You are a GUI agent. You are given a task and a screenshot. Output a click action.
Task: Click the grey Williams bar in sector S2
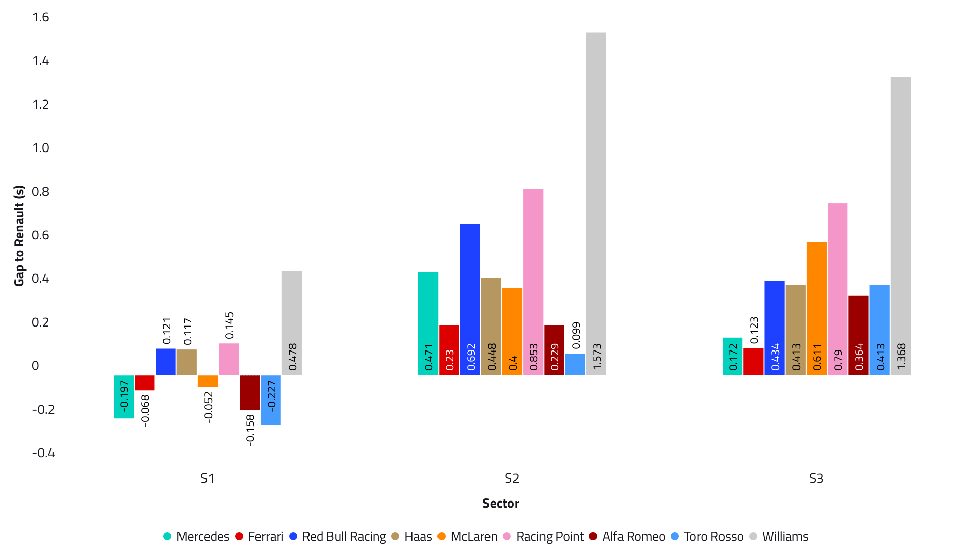596,204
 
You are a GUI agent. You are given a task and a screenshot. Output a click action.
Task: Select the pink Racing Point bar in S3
837,289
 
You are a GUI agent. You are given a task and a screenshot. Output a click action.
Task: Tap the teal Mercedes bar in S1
123,396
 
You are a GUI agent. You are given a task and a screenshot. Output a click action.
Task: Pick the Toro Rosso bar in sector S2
575,364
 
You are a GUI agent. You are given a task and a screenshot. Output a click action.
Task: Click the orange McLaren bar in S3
816,308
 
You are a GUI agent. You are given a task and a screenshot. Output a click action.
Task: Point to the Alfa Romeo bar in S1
250,392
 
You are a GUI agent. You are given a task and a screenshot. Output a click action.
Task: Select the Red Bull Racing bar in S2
470,299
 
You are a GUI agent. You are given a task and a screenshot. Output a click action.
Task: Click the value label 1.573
597,356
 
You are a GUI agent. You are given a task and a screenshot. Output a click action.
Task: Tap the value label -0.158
250,430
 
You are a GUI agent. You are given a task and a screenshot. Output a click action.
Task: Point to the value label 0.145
229,325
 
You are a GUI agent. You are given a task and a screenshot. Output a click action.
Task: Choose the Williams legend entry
779,537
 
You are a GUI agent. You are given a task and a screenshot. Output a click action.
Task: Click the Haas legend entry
411,537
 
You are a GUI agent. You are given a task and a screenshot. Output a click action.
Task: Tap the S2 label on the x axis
511,479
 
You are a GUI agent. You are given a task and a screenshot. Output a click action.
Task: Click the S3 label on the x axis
816,479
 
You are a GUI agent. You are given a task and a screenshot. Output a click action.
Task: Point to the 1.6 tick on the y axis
41,17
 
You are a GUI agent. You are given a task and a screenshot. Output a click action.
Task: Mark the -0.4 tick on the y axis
43,453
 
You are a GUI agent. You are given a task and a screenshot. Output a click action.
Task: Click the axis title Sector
501,504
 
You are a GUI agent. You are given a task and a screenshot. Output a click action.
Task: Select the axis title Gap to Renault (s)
19,236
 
